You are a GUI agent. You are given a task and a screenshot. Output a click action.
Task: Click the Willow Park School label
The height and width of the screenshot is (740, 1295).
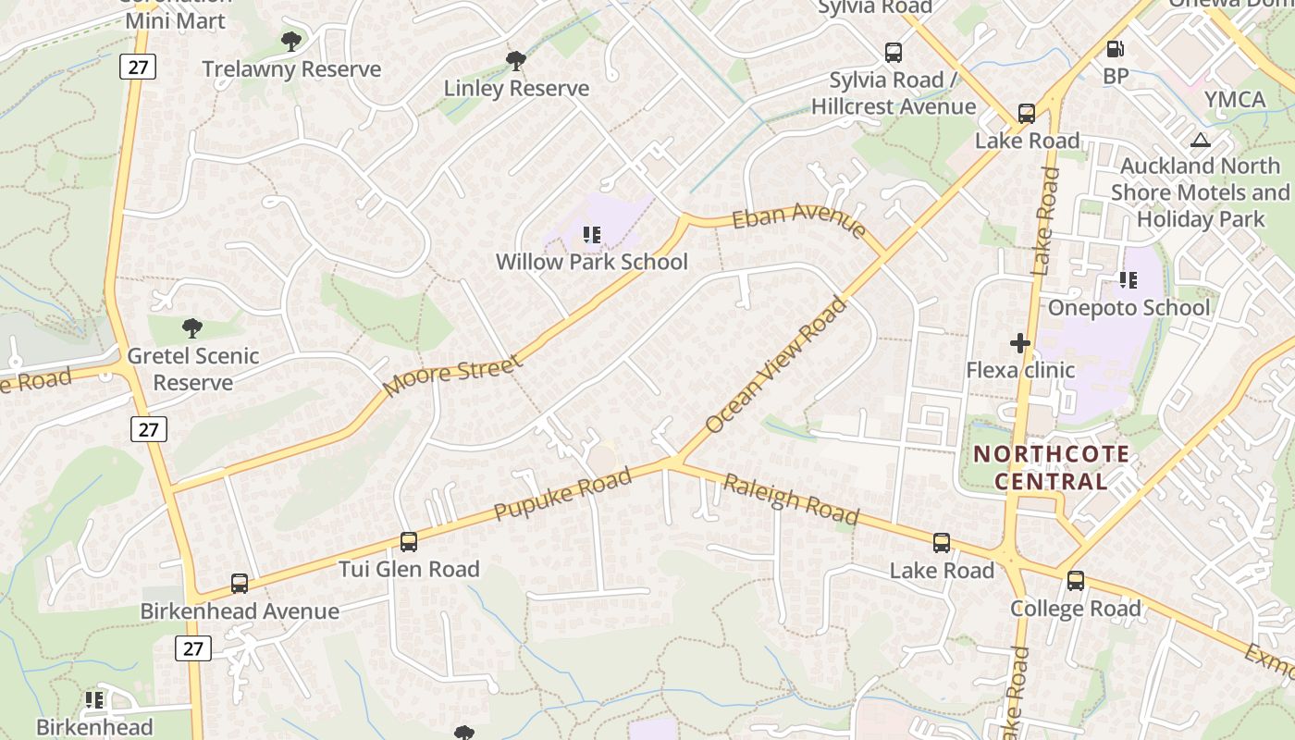tap(591, 262)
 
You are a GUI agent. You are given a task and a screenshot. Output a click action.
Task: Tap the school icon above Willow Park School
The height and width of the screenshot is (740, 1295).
tap(592, 235)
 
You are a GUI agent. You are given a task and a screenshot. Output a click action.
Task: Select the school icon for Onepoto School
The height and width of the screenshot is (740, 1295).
tap(1128, 279)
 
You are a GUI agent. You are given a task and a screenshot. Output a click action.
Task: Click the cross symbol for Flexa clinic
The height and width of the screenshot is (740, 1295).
tap(1020, 343)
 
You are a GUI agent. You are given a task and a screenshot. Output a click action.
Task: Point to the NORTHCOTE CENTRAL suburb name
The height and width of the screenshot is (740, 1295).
tap(1051, 467)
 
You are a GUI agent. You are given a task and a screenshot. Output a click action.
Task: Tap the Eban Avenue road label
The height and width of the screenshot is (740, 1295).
tap(799, 221)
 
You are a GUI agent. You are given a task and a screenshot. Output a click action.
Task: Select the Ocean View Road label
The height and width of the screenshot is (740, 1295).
tap(775, 364)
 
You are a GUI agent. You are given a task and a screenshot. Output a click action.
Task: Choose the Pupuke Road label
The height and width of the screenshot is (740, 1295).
tap(562, 493)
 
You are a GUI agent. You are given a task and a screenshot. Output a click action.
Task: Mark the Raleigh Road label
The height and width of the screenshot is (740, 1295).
tap(791, 499)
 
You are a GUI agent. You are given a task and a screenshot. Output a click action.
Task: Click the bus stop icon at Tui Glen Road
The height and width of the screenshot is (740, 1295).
tap(408, 542)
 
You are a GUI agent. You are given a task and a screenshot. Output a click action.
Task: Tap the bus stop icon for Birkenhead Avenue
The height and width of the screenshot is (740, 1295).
tap(240, 584)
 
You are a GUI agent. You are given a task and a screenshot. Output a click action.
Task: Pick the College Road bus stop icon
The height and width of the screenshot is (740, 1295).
tap(1075, 581)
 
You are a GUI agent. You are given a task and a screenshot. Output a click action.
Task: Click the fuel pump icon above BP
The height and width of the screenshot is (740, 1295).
tap(1116, 49)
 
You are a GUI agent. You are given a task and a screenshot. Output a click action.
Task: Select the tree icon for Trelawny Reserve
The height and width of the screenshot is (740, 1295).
tap(290, 42)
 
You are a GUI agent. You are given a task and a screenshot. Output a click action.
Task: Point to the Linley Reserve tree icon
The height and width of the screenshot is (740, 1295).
tap(516, 62)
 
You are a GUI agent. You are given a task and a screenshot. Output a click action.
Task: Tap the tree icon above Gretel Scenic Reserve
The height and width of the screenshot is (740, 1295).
tap(192, 327)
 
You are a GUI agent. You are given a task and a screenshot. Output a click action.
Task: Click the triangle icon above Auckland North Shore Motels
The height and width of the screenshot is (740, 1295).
tap(1201, 141)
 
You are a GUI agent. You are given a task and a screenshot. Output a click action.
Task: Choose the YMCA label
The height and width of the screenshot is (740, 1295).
tap(1234, 100)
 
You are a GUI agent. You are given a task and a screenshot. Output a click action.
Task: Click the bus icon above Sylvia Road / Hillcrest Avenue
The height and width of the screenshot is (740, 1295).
tap(893, 53)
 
